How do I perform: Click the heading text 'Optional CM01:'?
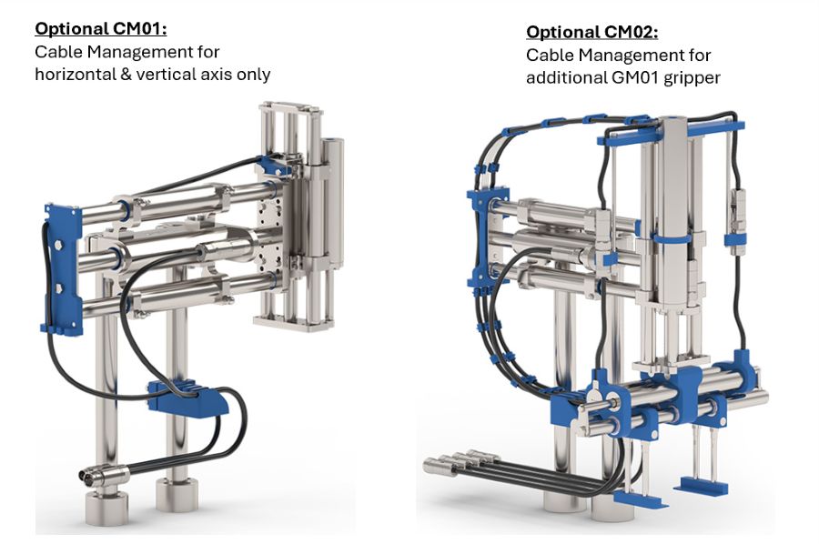coord(101,28)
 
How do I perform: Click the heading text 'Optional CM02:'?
coord(591,32)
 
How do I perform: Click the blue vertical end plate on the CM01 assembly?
coord(63,269)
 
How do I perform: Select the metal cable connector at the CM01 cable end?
coord(104,473)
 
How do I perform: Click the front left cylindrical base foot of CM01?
coord(106,508)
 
